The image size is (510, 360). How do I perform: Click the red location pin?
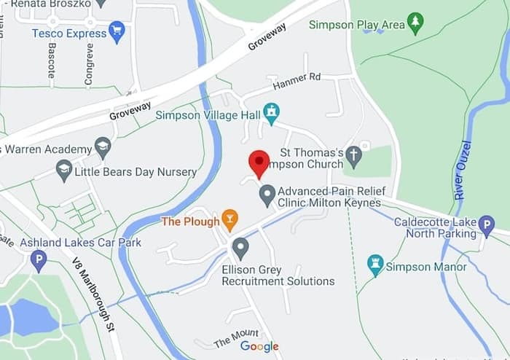click(259, 163)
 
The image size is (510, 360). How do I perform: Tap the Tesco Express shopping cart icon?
click(117, 32)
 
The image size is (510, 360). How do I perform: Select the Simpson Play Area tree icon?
click(415, 23)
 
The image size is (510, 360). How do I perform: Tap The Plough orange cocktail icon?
click(229, 219)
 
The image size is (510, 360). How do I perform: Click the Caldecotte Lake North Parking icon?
click(487, 226)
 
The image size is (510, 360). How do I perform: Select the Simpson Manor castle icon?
click(375, 265)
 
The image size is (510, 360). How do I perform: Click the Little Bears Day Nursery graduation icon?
click(64, 171)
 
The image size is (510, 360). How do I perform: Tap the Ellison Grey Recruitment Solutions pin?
click(240, 249)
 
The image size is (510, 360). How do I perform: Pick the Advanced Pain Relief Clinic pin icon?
click(267, 194)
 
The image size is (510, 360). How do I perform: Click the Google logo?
click(260, 346)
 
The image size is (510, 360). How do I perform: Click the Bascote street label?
click(52, 60)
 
